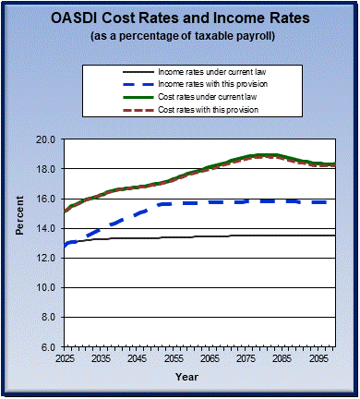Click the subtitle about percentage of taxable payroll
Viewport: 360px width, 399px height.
[180, 37]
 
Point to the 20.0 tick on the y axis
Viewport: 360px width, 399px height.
[47, 139]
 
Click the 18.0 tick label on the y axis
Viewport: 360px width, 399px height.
[47, 169]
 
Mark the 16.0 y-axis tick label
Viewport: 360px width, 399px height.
[47, 199]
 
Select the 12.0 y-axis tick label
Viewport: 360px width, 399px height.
[47, 258]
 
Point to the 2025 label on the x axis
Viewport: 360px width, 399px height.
[65, 357]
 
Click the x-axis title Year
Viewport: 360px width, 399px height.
[186, 377]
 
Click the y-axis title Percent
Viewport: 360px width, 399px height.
[19, 242]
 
